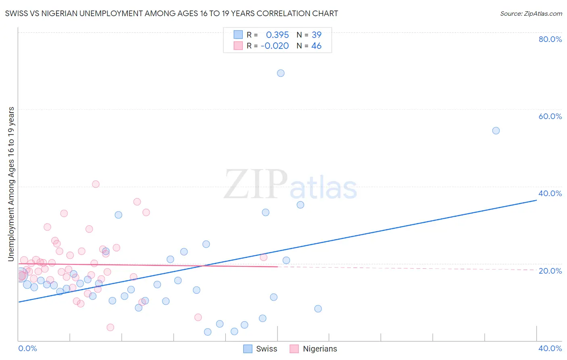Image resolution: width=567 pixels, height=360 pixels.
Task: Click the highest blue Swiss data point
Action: click(x=281, y=73)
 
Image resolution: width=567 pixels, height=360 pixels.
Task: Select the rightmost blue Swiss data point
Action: click(x=496, y=131)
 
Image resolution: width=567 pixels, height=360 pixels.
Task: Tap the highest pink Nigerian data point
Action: click(x=96, y=184)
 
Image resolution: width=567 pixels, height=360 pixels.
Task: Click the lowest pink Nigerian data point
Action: click(x=110, y=327)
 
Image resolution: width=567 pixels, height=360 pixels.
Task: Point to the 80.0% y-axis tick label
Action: click(x=550, y=39)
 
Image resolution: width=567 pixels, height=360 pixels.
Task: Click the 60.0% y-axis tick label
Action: click(x=550, y=116)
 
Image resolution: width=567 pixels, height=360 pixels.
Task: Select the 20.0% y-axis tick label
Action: click(x=550, y=271)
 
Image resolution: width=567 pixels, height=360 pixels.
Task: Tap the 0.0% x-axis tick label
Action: click(x=27, y=348)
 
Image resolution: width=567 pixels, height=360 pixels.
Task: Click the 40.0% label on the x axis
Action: click(x=550, y=348)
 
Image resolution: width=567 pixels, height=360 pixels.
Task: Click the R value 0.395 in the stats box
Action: click(x=277, y=35)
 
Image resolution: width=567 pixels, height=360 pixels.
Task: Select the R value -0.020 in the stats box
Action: click(x=275, y=46)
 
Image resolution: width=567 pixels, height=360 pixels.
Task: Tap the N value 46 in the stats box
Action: click(x=316, y=46)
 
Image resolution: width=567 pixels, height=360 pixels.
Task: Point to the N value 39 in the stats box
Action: click(x=316, y=35)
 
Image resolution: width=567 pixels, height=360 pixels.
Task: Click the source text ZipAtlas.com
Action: click(x=531, y=14)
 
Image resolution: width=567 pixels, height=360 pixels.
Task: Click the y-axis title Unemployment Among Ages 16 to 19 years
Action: click(x=11, y=184)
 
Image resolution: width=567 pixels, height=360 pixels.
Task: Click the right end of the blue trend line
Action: click(x=536, y=200)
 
